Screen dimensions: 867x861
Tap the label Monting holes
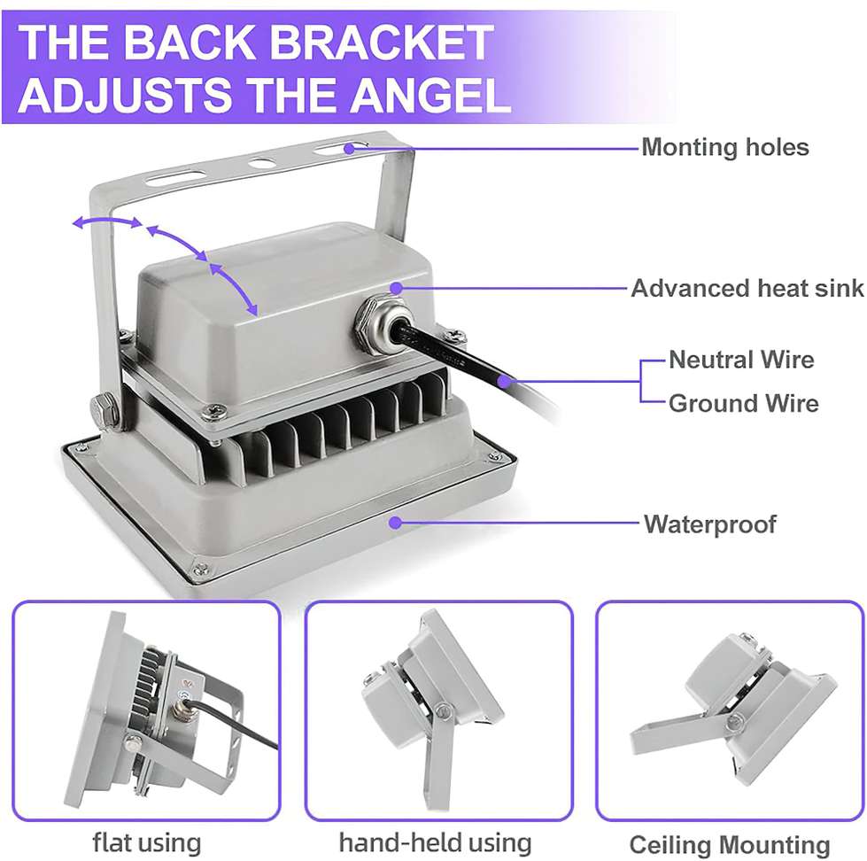[725, 148]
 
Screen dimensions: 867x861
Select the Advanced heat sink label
[747, 288]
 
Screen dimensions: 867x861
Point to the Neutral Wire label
[741, 360]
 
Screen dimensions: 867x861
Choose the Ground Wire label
[743, 403]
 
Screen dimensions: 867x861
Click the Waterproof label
[709, 524]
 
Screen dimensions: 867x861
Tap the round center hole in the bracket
[262, 163]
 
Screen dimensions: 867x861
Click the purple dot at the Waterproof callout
[395, 522]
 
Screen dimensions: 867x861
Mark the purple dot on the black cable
[503, 381]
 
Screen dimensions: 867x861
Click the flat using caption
[146, 843]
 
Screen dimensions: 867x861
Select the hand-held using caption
[435, 843]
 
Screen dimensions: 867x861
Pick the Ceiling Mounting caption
[730, 845]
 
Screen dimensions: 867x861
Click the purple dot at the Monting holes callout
[349, 148]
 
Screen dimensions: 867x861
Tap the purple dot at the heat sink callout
[396, 288]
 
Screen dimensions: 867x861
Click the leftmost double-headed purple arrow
[107, 221]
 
